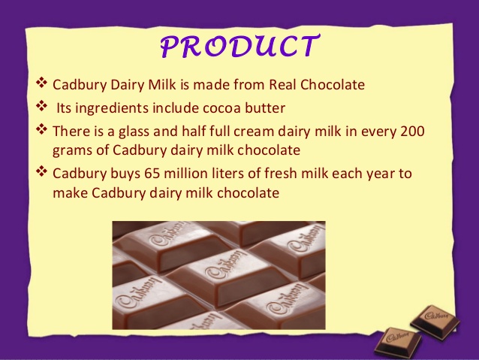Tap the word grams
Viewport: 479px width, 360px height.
pos(73,150)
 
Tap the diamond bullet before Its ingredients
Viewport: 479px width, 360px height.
pos(41,106)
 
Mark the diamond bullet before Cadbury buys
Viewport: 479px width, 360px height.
pos(41,172)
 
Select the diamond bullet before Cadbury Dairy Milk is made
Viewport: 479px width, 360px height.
pos(41,83)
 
